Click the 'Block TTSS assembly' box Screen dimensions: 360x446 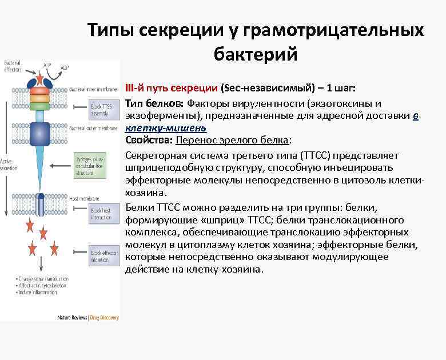tap(102, 110)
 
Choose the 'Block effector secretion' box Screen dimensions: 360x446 tap(103, 255)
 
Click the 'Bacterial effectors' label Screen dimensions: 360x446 tap(13, 66)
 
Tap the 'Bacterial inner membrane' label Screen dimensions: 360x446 tap(93, 89)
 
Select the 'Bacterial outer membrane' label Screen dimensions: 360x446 tap(93, 129)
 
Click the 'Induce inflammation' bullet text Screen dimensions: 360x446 tap(37, 292)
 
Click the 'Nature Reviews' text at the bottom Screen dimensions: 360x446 tap(71, 317)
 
